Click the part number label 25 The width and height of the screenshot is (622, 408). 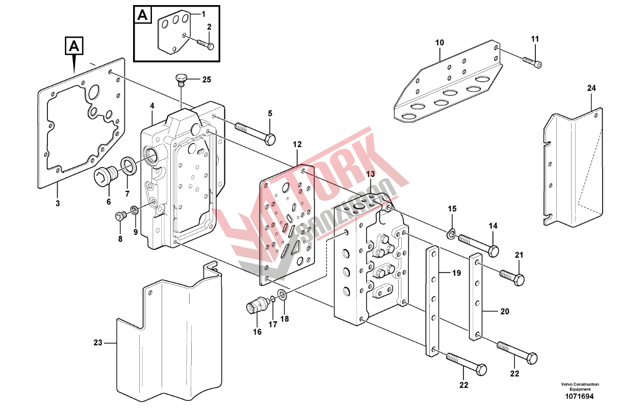coord(206,80)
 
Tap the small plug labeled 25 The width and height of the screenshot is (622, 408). coord(181,79)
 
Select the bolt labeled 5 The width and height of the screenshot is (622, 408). coord(255,132)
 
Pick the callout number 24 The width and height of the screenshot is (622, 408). coord(591,88)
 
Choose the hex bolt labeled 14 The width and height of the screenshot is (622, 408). coord(479,244)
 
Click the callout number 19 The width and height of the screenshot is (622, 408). coord(456,273)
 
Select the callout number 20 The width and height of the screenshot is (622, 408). coord(504,311)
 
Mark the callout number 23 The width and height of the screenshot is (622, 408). coord(98,342)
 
